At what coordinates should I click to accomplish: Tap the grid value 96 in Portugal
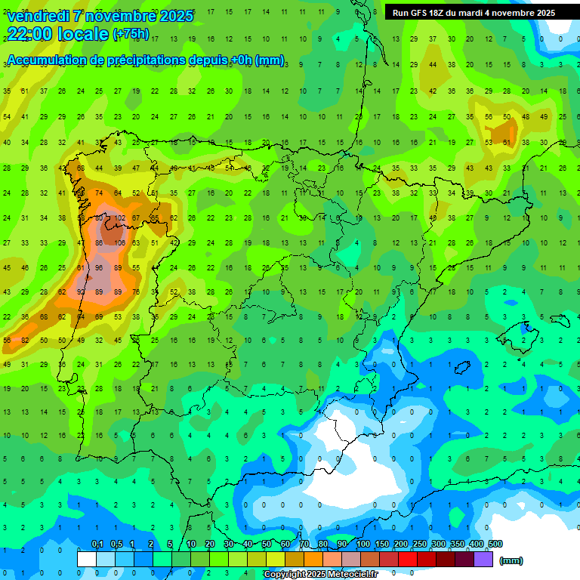click(99, 267)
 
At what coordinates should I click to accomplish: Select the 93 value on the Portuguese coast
click(81, 292)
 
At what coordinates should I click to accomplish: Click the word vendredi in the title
click(38, 16)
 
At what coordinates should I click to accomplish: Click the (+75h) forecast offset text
click(130, 34)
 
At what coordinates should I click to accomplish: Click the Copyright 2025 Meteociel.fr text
click(320, 575)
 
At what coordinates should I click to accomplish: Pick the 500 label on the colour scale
click(495, 545)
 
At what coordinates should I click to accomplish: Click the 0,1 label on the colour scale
click(97, 545)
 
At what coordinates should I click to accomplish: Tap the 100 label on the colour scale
click(362, 545)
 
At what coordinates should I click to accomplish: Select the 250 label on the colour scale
click(419, 545)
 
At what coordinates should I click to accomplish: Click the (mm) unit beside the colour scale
click(511, 560)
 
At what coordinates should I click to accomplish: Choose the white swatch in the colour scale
click(87, 560)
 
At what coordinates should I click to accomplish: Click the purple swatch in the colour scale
click(483, 560)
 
